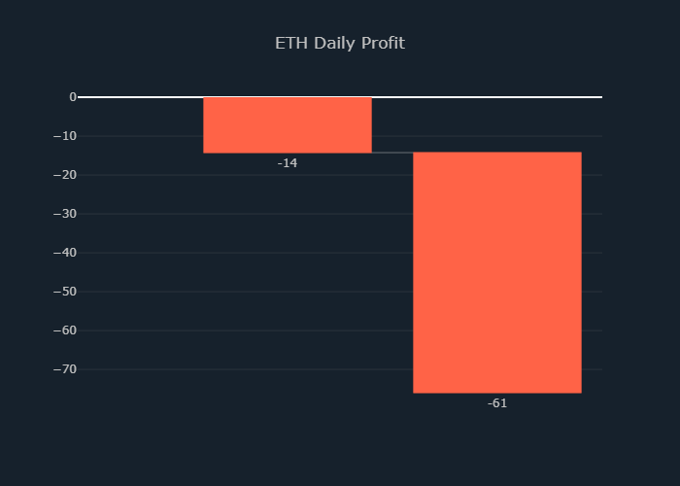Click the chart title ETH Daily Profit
[x=339, y=44]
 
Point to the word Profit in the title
[x=383, y=44]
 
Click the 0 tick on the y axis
[x=72, y=97]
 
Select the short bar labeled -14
[x=287, y=124]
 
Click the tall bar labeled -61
[x=496, y=272]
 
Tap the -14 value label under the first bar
[x=287, y=163]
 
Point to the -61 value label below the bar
[x=496, y=403]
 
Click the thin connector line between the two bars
[x=392, y=153]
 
